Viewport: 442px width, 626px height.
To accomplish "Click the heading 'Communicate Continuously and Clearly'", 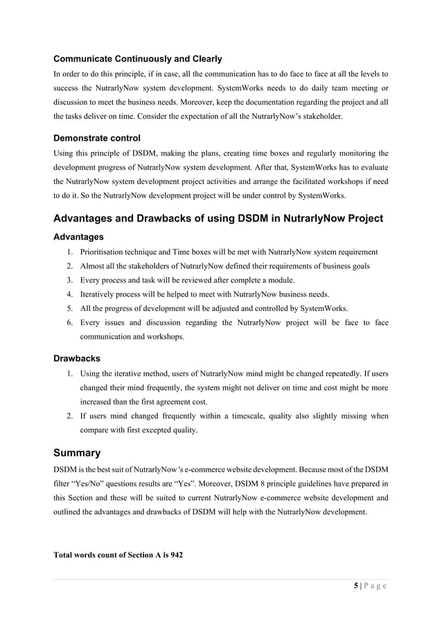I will click(x=138, y=58).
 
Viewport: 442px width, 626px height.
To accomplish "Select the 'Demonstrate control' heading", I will click(x=96, y=138).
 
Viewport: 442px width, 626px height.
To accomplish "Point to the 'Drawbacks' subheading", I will click(x=77, y=359).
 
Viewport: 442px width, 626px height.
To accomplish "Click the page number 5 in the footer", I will click(x=356, y=586).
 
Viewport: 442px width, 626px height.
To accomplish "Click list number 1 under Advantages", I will click(x=70, y=252).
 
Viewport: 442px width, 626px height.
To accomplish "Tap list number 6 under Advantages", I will click(x=70, y=323).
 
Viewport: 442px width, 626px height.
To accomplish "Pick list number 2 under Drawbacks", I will click(x=70, y=416).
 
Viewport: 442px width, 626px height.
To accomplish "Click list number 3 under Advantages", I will click(x=70, y=280).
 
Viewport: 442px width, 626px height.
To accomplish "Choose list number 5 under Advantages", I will click(x=70, y=308).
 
